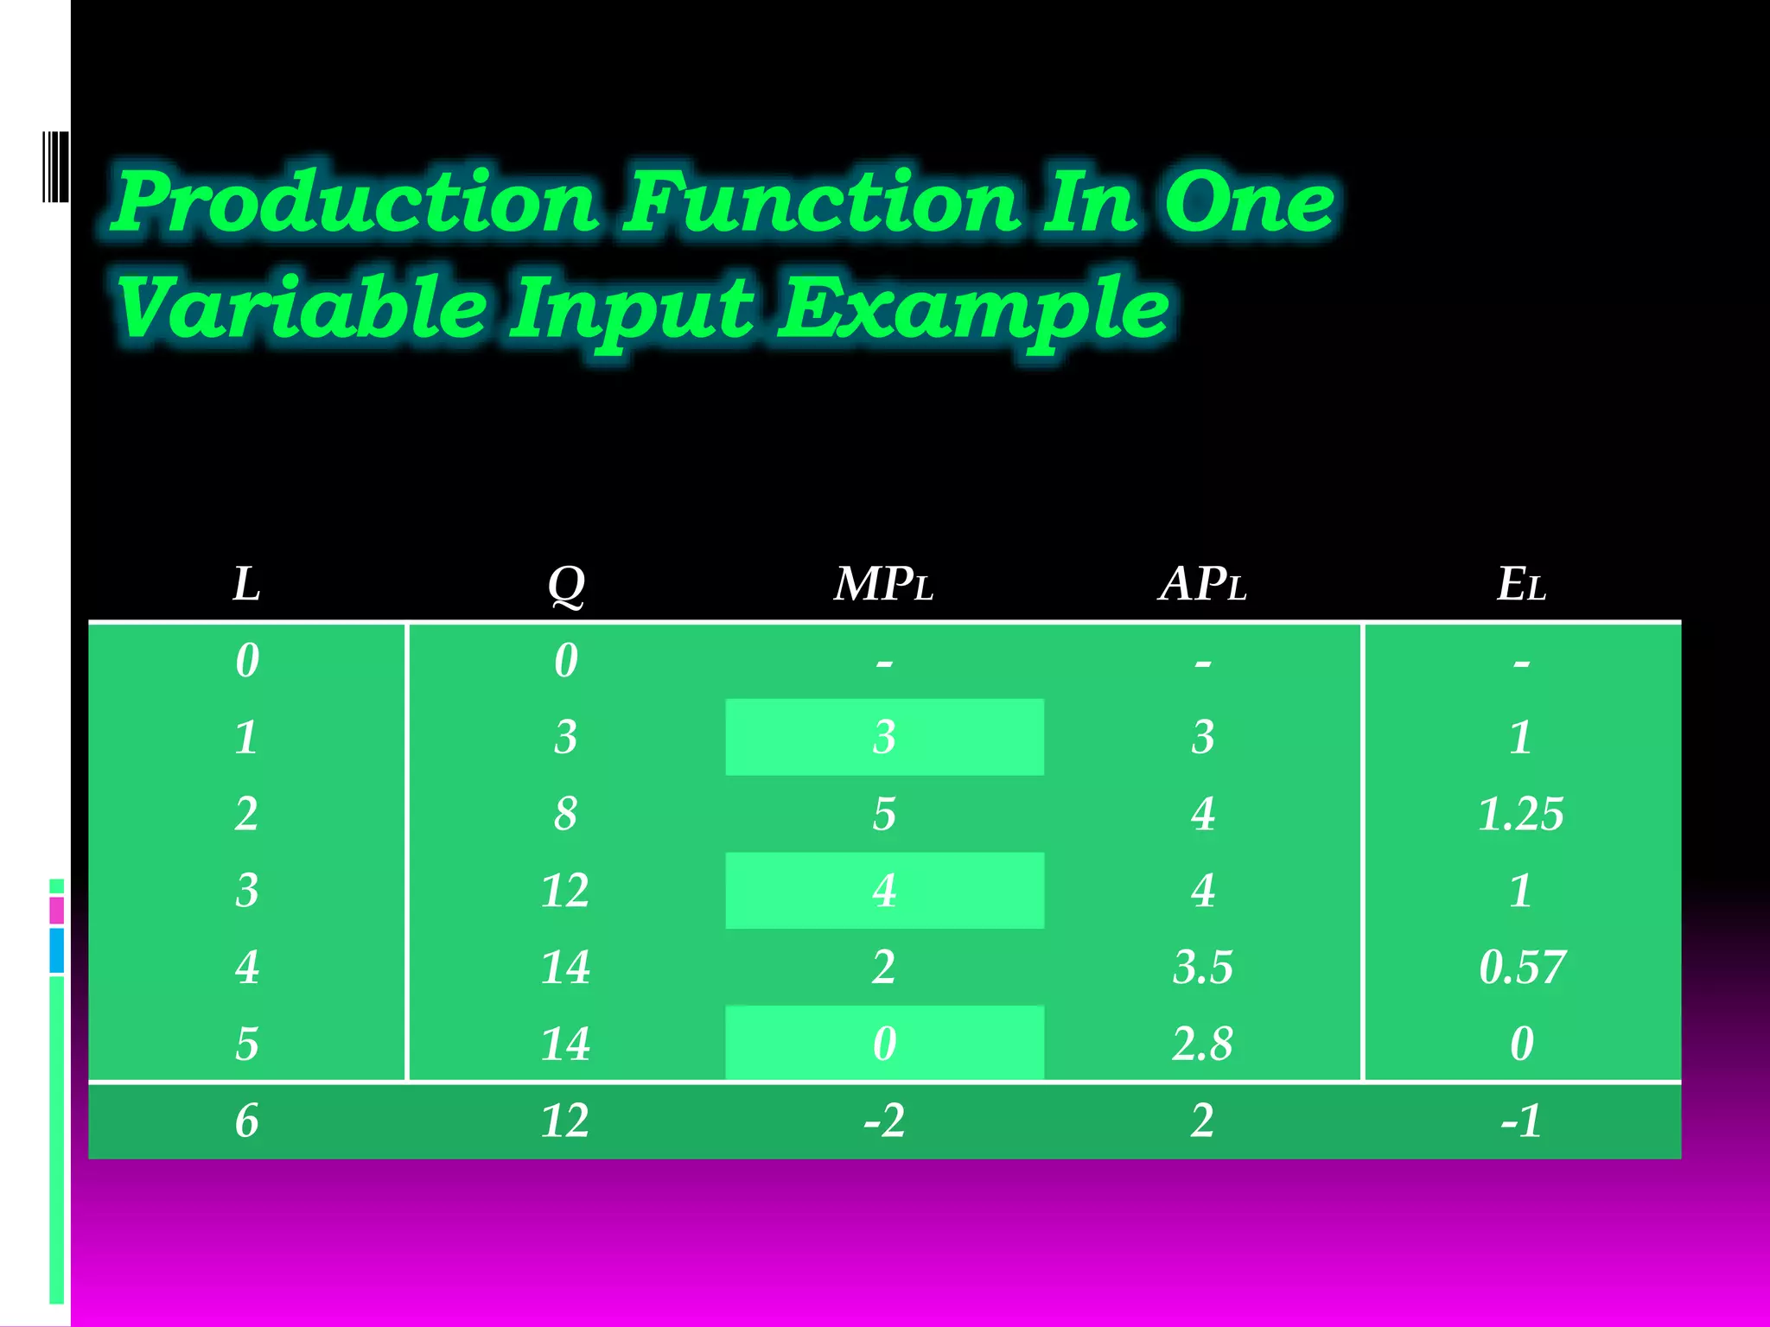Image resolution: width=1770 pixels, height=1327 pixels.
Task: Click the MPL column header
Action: click(x=883, y=584)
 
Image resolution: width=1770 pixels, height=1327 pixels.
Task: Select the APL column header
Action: click(x=1202, y=584)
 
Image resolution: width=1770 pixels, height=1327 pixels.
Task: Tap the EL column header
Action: click(x=1521, y=584)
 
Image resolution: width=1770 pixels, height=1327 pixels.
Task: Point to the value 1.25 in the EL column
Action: click(x=1521, y=814)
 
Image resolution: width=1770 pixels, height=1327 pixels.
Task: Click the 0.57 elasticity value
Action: click(x=1521, y=967)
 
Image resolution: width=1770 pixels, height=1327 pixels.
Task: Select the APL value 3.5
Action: click(x=1202, y=967)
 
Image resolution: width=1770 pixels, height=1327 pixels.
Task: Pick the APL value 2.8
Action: click(x=1202, y=1044)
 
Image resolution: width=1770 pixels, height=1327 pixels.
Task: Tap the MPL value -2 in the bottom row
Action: click(x=883, y=1121)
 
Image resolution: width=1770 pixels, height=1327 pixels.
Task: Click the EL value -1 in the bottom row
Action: click(x=1521, y=1121)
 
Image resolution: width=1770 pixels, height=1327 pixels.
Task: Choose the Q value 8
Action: click(x=566, y=814)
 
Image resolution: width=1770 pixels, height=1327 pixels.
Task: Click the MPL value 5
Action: click(x=883, y=814)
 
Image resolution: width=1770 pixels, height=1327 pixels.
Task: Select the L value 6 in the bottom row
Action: click(x=246, y=1121)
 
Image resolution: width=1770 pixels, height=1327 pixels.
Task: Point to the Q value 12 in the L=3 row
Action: click(x=565, y=891)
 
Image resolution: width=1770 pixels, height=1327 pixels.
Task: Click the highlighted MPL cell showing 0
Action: click(x=884, y=1044)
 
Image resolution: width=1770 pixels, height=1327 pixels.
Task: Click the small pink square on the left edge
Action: click(x=57, y=911)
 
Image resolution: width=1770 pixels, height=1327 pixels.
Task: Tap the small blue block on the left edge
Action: click(x=57, y=950)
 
